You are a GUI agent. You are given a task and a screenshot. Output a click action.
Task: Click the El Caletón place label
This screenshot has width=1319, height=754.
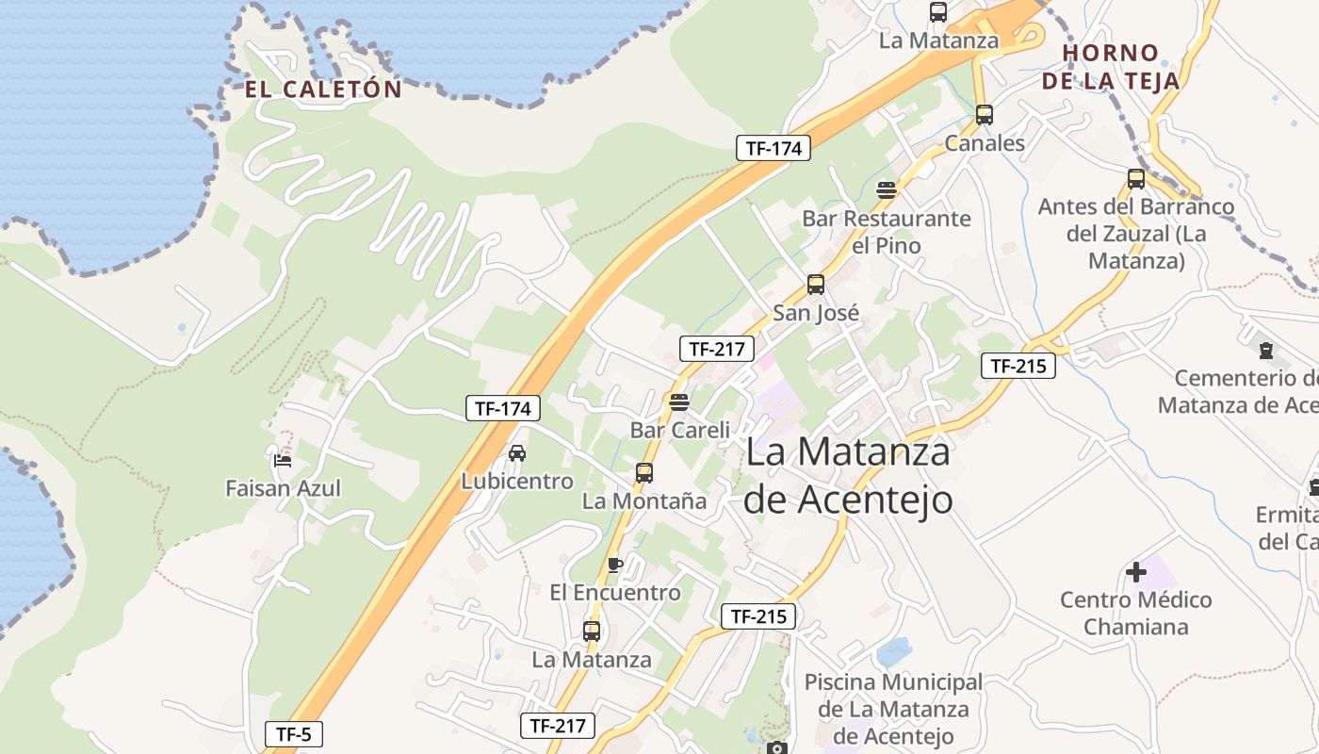pos(323,90)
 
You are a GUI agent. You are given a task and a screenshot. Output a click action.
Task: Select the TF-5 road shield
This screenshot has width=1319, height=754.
pos(294,734)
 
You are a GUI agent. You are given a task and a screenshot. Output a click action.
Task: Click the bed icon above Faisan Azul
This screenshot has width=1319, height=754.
pos(283,461)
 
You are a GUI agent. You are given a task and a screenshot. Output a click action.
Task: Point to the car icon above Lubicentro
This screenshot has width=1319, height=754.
pos(517,453)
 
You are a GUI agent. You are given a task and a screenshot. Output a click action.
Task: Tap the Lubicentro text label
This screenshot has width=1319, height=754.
pos(517,482)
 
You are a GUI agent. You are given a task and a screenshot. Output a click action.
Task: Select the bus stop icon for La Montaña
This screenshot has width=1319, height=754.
pos(644,473)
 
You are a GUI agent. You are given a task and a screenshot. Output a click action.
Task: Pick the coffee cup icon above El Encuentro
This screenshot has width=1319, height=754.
pos(615,565)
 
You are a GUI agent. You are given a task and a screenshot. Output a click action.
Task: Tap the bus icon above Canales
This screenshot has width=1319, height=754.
pos(985,115)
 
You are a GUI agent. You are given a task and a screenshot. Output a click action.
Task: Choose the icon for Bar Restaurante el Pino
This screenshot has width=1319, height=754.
pos(887,190)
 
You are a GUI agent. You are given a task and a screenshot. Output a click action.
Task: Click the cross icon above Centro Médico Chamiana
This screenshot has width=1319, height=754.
pos(1136,571)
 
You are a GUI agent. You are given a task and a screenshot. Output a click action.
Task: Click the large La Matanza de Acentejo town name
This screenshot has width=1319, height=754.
pos(848,476)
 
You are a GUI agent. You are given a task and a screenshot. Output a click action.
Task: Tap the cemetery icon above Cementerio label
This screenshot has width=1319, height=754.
pos(1266,351)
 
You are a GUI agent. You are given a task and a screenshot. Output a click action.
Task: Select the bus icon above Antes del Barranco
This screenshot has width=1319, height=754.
pos(1136,179)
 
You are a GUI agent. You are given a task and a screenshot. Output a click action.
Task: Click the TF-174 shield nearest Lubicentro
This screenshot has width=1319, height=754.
pos(504,409)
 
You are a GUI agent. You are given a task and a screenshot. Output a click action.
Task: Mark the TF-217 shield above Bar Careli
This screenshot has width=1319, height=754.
pos(717,349)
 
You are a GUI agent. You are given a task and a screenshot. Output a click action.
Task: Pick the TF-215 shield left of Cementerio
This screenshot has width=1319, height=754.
pos(1018,366)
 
